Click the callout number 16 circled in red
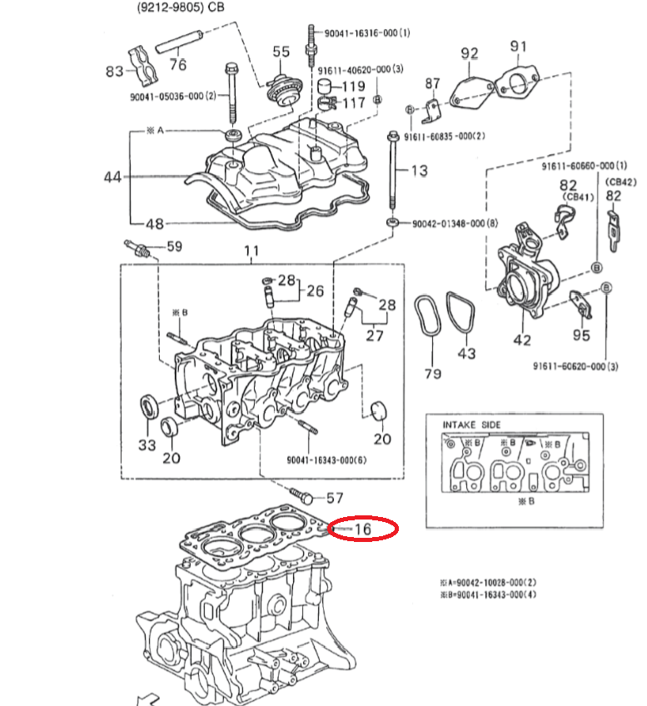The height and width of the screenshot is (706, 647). coord(362,528)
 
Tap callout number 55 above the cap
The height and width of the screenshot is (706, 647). coord(281,52)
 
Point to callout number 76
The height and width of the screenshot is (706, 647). coord(178,64)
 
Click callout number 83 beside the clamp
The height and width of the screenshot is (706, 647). coord(115,72)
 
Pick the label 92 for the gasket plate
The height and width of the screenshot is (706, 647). coord(470,54)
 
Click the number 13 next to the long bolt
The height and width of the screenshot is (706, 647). coord(419,171)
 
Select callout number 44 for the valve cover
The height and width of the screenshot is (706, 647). coord(113,177)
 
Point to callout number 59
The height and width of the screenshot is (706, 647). coord(174,246)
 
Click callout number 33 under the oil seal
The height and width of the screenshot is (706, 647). coord(147,445)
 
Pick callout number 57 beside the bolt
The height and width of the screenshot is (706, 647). coord(335,499)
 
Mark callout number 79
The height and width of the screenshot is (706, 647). coord(432,374)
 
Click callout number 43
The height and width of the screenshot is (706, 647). coord(467,354)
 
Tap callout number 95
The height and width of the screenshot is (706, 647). coord(581,335)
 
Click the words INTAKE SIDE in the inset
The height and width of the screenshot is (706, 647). coord(471,425)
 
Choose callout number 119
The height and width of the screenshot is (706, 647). coord(355,86)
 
